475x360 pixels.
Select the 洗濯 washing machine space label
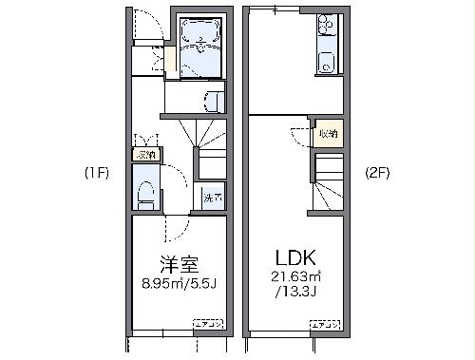click(213, 199)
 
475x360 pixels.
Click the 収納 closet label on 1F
click(146, 154)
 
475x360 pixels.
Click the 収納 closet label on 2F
click(327, 134)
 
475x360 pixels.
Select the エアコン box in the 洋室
click(208, 326)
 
